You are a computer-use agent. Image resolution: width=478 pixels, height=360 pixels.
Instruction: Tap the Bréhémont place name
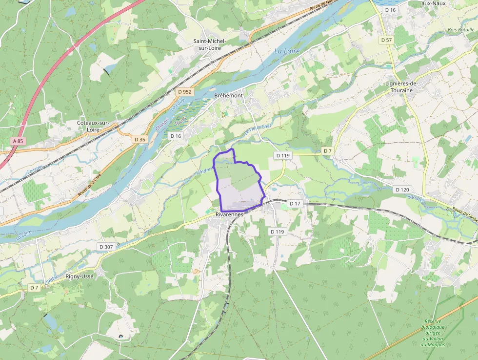point(228,95)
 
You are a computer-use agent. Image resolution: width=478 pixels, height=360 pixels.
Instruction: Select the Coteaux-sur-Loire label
point(93,126)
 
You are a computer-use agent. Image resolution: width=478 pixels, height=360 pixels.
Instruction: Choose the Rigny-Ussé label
point(80,276)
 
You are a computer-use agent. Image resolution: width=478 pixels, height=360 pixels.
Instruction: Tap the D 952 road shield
point(185,91)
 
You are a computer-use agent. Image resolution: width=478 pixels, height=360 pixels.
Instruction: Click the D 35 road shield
point(140,139)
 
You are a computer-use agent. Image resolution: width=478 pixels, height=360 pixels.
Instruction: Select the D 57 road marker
point(387,40)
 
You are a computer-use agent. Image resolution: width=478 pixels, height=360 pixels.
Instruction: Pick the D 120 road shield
point(402,190)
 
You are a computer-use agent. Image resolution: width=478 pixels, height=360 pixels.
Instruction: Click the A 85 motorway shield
point(18,141)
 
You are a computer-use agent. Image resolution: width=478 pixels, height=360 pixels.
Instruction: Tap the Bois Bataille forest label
point(461,30)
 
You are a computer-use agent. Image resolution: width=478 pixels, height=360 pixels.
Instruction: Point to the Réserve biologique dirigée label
point(433,330)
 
